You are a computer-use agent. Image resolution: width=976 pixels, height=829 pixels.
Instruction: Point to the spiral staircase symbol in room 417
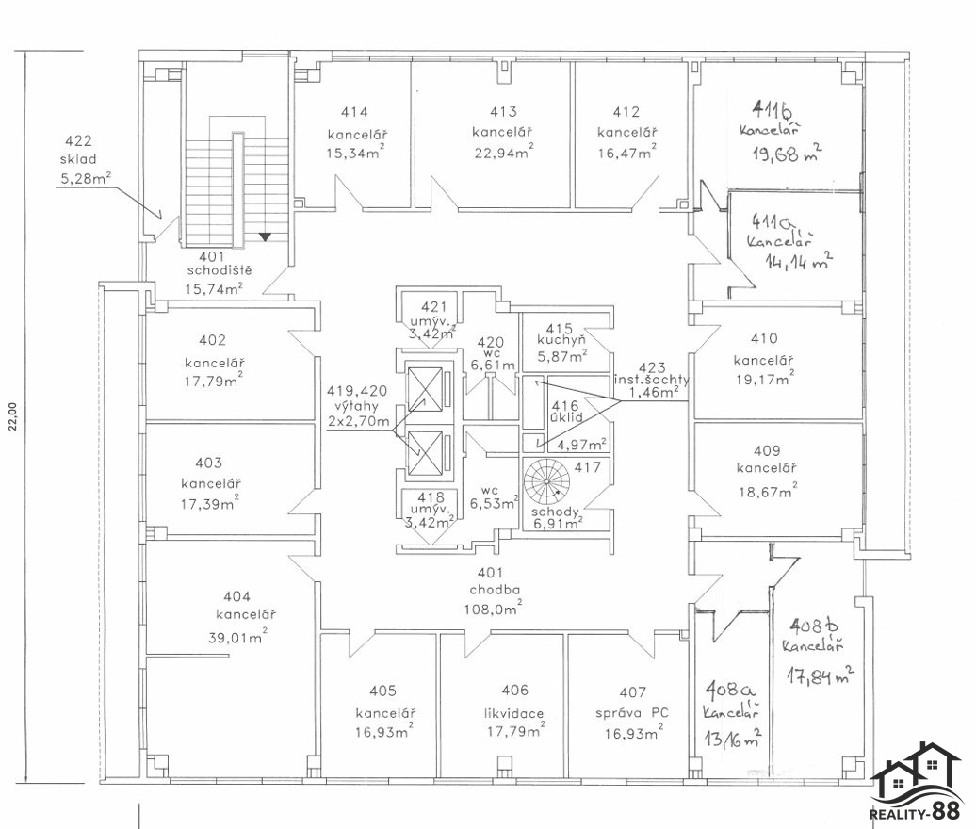pyautogui.click(x=547, y=481)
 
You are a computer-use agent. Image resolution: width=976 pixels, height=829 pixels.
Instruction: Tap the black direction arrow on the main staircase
pyautogui.click(x=267, y=236)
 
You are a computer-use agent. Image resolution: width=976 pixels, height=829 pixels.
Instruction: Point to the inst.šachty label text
pyautogui.click(x=652, y=380)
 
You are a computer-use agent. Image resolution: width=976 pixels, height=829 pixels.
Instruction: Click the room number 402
pyautogui.click(x=214, y=340)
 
